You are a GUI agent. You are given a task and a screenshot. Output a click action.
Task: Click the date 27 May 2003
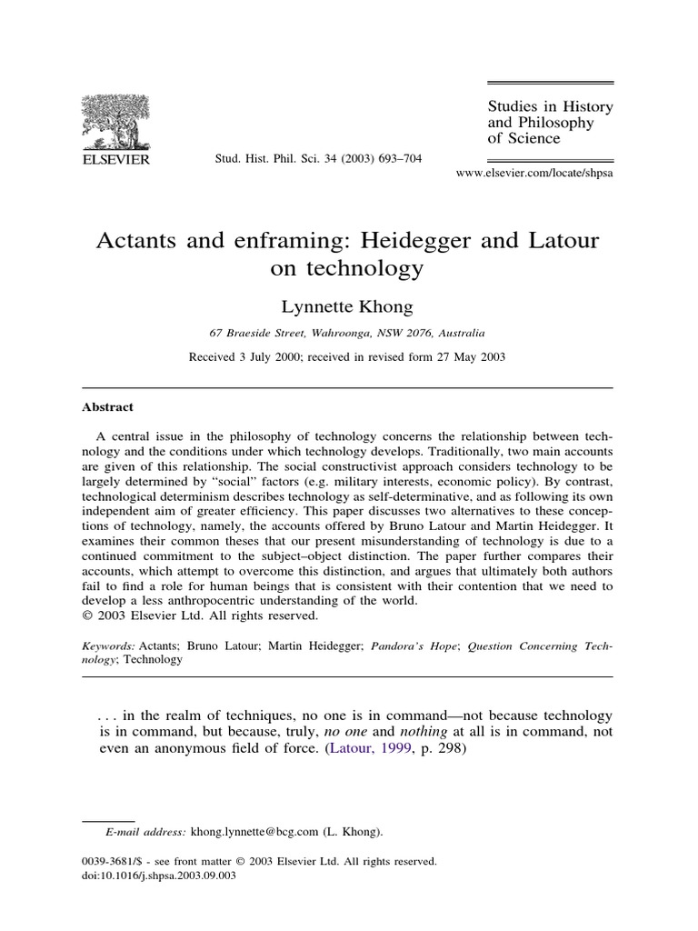point(467,356)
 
